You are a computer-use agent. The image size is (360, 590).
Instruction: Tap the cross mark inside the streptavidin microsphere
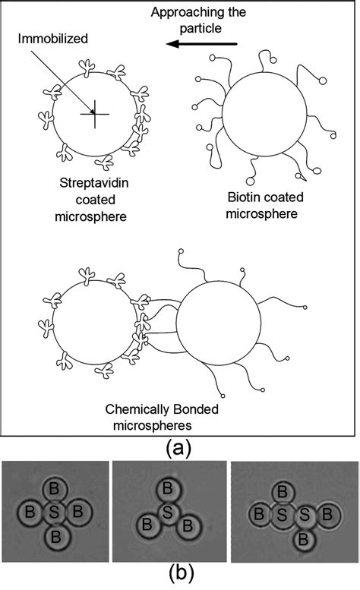tap(93, 114)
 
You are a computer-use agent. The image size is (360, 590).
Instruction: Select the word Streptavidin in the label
tap(92, 183)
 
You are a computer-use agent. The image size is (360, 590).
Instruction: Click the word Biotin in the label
tap(244, 198)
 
